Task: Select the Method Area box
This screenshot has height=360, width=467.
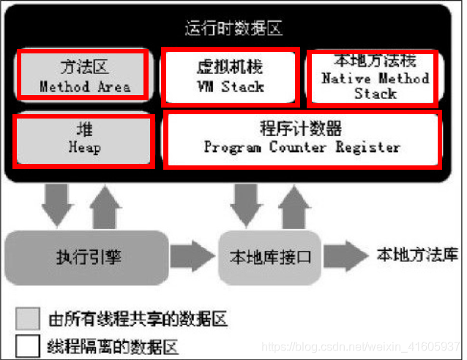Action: pos(84,76)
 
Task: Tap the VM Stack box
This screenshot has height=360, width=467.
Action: pos(230,76)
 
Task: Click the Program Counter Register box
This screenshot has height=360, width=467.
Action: pos(302,138)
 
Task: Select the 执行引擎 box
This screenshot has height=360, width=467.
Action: pos(87,257)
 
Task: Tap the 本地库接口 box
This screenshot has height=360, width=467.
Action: pos(270,257)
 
